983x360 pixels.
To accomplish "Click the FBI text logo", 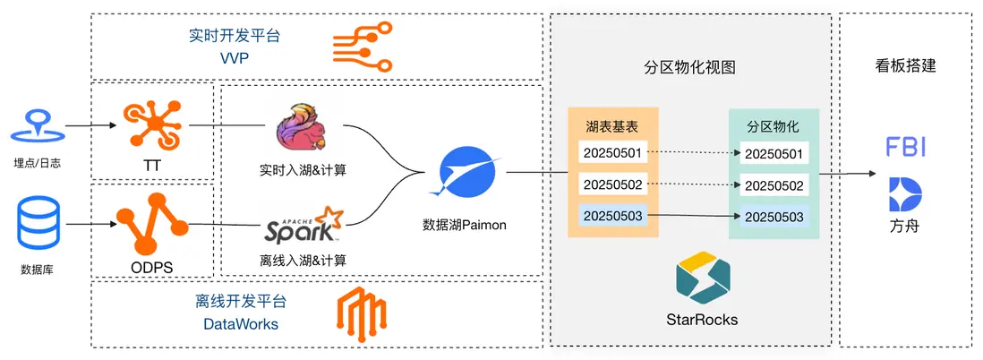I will click(x=904, y=147).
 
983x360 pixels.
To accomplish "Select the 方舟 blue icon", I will click(x=904, y=195).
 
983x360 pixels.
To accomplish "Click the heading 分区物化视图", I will click(x=691, y=67).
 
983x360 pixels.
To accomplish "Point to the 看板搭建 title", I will click(x=905, y=65).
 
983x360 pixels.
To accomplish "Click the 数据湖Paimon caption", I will click(x=465, y=225).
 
